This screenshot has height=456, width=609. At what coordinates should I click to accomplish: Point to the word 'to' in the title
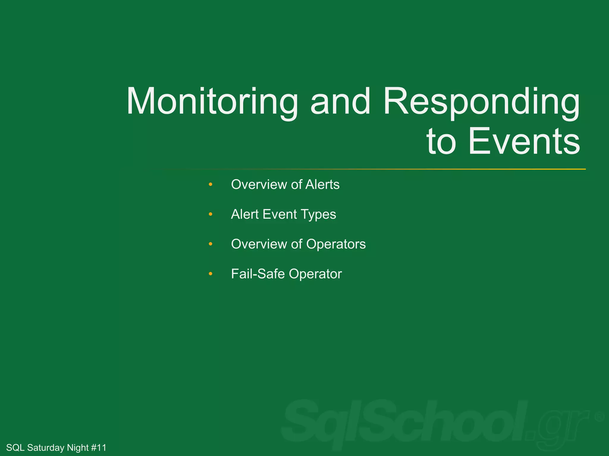(441, 142)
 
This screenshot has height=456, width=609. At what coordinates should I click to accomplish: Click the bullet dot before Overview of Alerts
(211, 184)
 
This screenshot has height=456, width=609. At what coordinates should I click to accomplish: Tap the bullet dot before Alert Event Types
(211, 214)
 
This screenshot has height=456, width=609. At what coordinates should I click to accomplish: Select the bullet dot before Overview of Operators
(211, 244)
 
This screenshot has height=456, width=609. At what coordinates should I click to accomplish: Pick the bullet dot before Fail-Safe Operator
(211, 274)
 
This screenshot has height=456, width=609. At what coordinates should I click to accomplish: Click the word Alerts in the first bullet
(322, 184)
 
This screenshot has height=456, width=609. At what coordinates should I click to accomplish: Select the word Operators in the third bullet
(336, 244)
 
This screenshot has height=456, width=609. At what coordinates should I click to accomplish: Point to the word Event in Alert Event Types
(280, 214)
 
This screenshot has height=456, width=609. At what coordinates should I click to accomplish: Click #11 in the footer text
(98, 447)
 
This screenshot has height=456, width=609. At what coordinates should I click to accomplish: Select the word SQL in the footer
(15, 447)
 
